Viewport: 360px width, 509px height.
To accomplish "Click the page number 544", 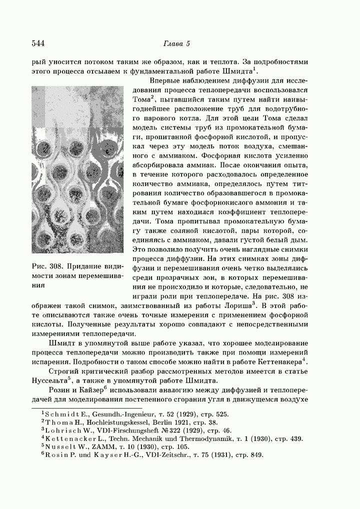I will [38, 43].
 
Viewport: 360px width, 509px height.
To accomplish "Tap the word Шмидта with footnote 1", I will [239, 72].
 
